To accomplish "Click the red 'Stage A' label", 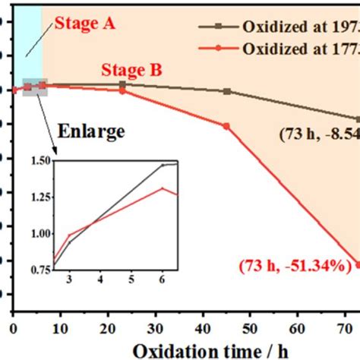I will click(84, 24).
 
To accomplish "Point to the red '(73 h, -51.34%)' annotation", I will click(293, 266).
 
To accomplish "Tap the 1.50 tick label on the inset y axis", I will click(37, 159).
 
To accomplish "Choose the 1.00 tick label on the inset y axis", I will click(37, 232).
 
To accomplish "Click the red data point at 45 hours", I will click(227, 126).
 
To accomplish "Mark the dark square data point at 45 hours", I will click(227, 91).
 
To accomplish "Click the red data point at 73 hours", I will click(358, 265).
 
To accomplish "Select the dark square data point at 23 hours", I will click(123, 84).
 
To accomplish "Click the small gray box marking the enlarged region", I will click(36, 87).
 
